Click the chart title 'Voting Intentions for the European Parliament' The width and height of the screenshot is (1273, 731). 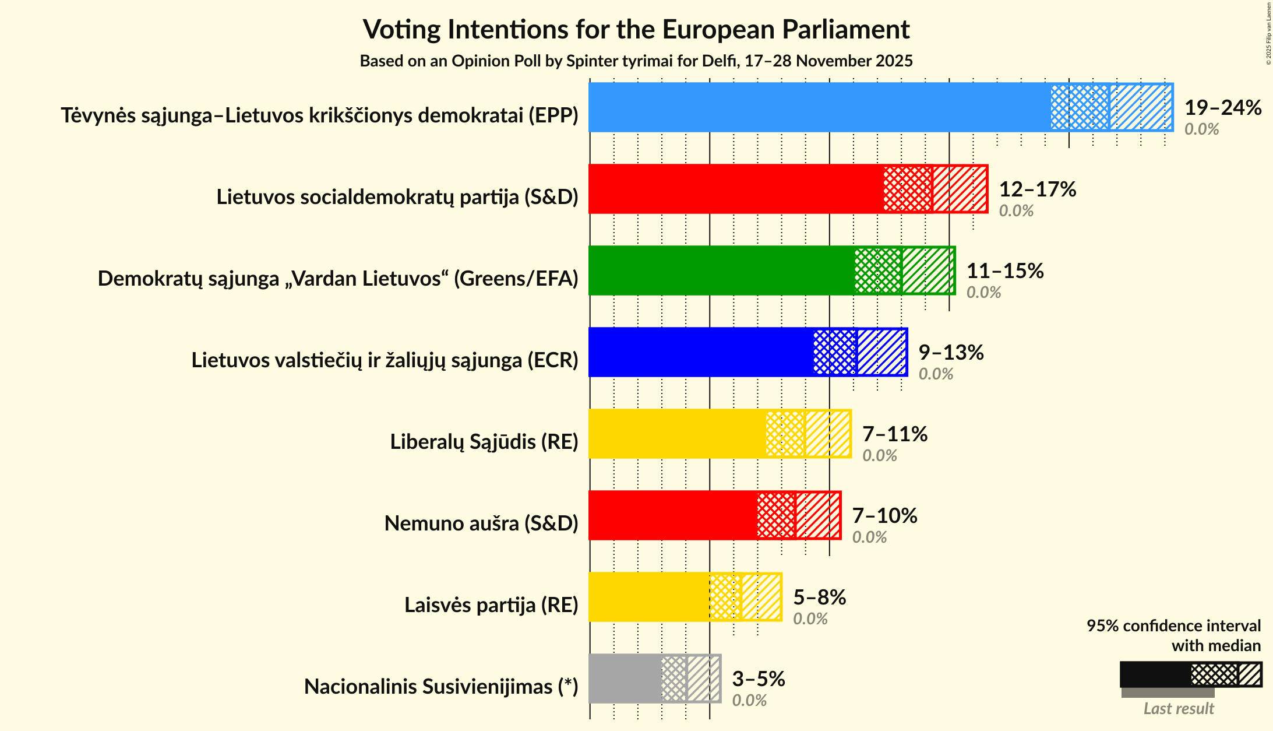636,29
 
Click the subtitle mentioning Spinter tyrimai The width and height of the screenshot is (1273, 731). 636,61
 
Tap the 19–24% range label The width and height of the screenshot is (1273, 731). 1222,108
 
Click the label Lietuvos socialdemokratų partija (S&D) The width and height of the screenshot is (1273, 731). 397,197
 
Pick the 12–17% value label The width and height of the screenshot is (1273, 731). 1037,189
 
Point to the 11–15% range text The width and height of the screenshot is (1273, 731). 1004,271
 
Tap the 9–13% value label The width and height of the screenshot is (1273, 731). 951,353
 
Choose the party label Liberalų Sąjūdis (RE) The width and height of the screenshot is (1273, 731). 484,442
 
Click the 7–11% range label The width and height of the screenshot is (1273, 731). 894,434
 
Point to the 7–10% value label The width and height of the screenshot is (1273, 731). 884,516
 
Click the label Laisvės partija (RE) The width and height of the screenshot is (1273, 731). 491,605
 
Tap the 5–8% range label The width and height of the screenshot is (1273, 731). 819,598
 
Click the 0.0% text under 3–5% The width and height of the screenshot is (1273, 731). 749,700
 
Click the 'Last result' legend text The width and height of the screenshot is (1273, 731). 1178,708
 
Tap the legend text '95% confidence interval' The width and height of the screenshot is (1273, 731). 1173,625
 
